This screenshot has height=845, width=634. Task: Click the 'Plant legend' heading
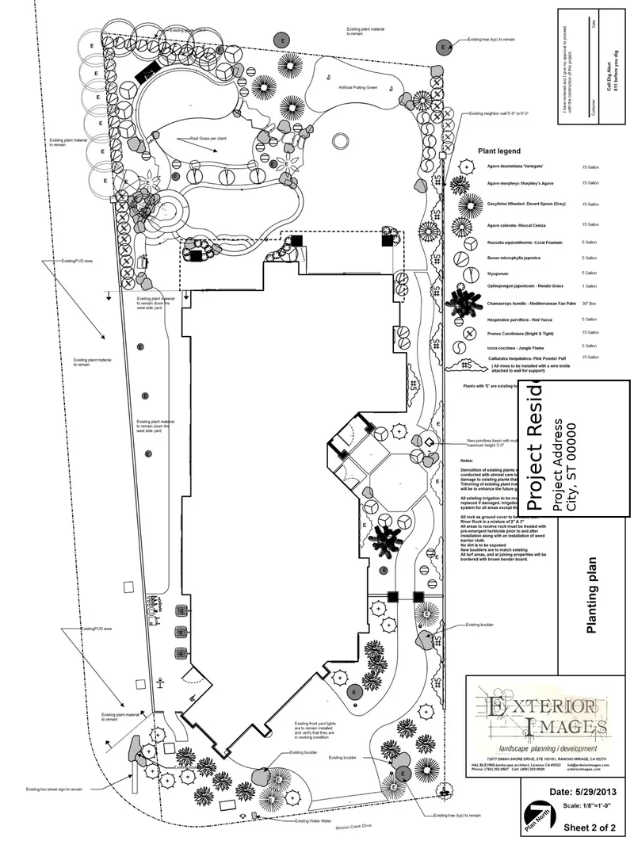pyautogui.click(x=498, y=151)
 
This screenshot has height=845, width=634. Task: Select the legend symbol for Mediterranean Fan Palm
pyautogui.click(x=464, y=302)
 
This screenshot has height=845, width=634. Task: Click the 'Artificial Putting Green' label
pyautogui.click(x=357, y=87)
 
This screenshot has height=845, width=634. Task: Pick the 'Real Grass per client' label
pyautogui.click(x=208, y=139)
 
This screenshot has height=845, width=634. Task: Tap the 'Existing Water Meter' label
pyautogui.click(x=313, y=821)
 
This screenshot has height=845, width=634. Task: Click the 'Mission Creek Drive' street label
pyautogui.click(x=353, y=827)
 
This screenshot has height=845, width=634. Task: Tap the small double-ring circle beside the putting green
pyautogui.click(x=341, y=141)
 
